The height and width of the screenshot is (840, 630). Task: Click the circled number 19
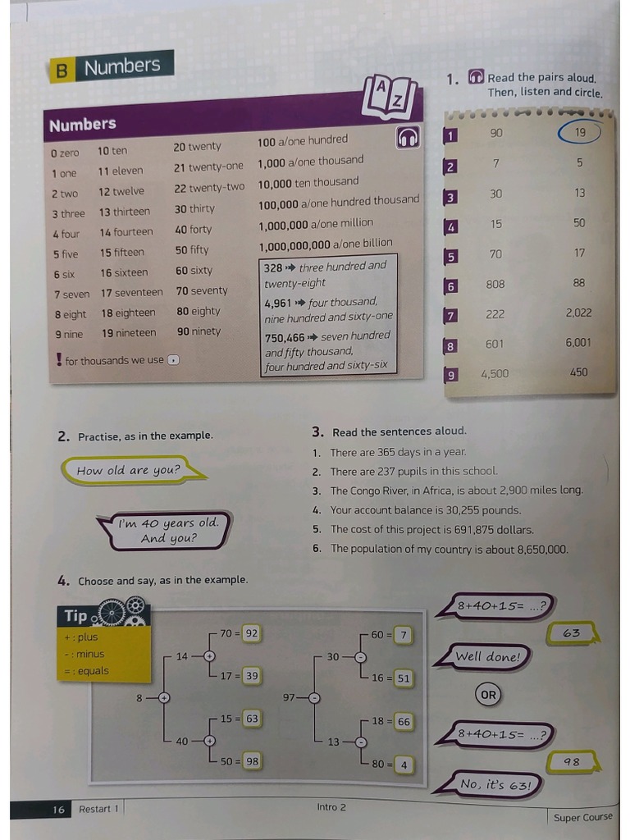(x=580, y=132)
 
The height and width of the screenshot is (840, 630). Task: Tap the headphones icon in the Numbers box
(x=408, y=139)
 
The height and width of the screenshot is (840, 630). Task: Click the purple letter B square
(x=61, y=71)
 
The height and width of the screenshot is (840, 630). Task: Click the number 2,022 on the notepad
(x=578, y=313)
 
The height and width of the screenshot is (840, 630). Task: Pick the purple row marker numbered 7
(x=450, y=316)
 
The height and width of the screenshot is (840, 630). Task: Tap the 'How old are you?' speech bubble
(x=129, y=470)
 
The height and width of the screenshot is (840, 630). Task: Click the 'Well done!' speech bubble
(x=488, y=656)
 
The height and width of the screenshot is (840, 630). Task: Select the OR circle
(x=488, y=695)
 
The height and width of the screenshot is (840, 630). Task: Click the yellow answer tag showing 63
(x=573, y=633)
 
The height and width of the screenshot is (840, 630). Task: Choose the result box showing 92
(x=252, y=633)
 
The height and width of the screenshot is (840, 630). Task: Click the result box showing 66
(x=403, y=722)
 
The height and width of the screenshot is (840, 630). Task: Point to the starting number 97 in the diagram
(x=289, y=697)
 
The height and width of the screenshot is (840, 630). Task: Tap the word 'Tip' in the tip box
(x=75, y=616)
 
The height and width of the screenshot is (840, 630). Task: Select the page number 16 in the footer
(x=58, y=810)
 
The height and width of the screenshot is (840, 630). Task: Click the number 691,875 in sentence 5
(x=463, y=530)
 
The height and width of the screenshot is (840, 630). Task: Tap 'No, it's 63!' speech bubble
(x=496, y=784)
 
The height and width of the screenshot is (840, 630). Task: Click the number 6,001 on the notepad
(x=578, y=343)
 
